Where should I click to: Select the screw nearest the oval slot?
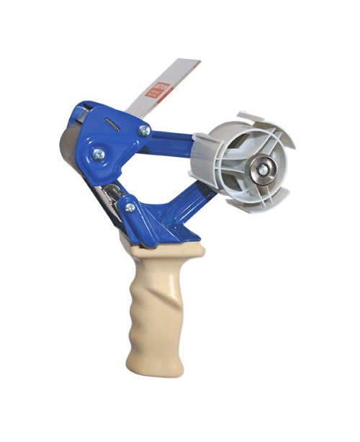[x=144, y=130]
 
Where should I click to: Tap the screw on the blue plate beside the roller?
[x=97, y=154]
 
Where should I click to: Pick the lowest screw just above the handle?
[x=130, y=207]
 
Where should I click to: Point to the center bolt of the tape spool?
[x=262, y=169]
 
